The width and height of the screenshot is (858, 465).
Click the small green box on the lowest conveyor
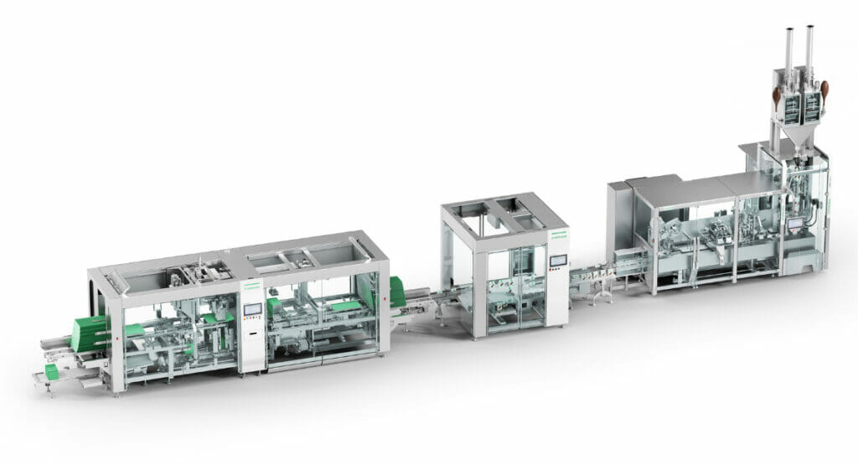click(52, 371)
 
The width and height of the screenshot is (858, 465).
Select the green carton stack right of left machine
click(396, 292)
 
